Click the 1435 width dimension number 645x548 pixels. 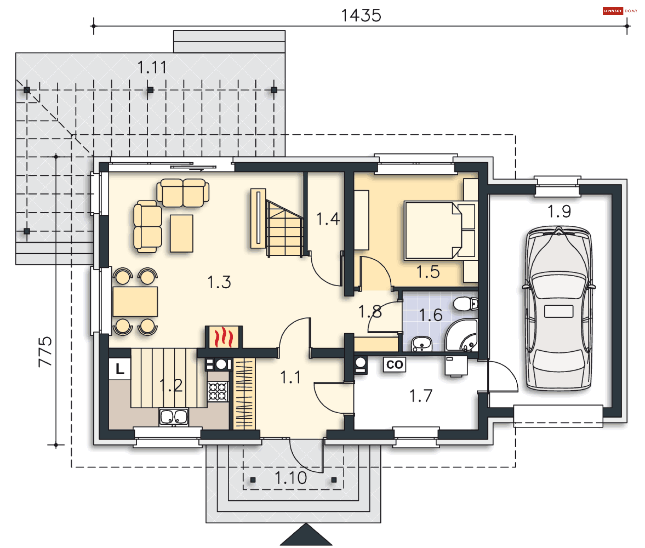tap(361, 15)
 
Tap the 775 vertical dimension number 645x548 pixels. tap(45, 351)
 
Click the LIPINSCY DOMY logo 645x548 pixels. tap(620, 11)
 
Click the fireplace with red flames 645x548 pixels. tap(224, 337)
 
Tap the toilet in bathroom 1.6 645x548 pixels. tap(465, 304)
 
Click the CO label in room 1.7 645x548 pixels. tap(394, 365)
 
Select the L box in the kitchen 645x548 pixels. tap(120, 369)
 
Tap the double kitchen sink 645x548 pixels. tap(174, 417)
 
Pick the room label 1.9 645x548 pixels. tap(559, 211)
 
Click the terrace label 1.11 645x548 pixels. tap(152, 67)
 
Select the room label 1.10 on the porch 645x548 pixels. tap(291, 478)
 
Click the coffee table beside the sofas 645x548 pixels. tap(181, 233)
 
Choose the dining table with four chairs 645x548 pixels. tap(135, 301)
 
